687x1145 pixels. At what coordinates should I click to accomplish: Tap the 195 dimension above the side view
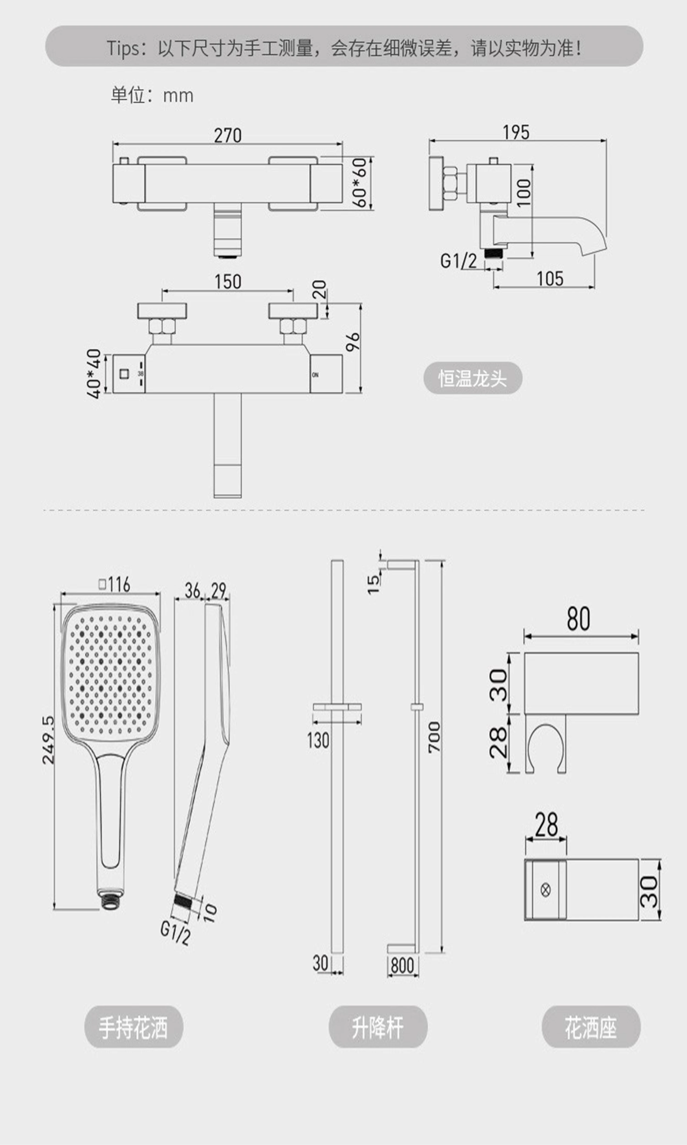pos(516,132)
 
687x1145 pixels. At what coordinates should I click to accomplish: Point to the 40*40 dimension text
pos(94,373)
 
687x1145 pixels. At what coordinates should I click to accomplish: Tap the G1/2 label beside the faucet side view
pos(458,261)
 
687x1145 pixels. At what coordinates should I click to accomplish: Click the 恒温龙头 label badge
pos(473,378)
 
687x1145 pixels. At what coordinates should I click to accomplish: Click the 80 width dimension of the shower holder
pos(579,619)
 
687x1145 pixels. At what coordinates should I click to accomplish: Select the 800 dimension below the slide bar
pos(402,966)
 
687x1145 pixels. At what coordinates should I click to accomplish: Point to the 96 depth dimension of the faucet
pos(353,342)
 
